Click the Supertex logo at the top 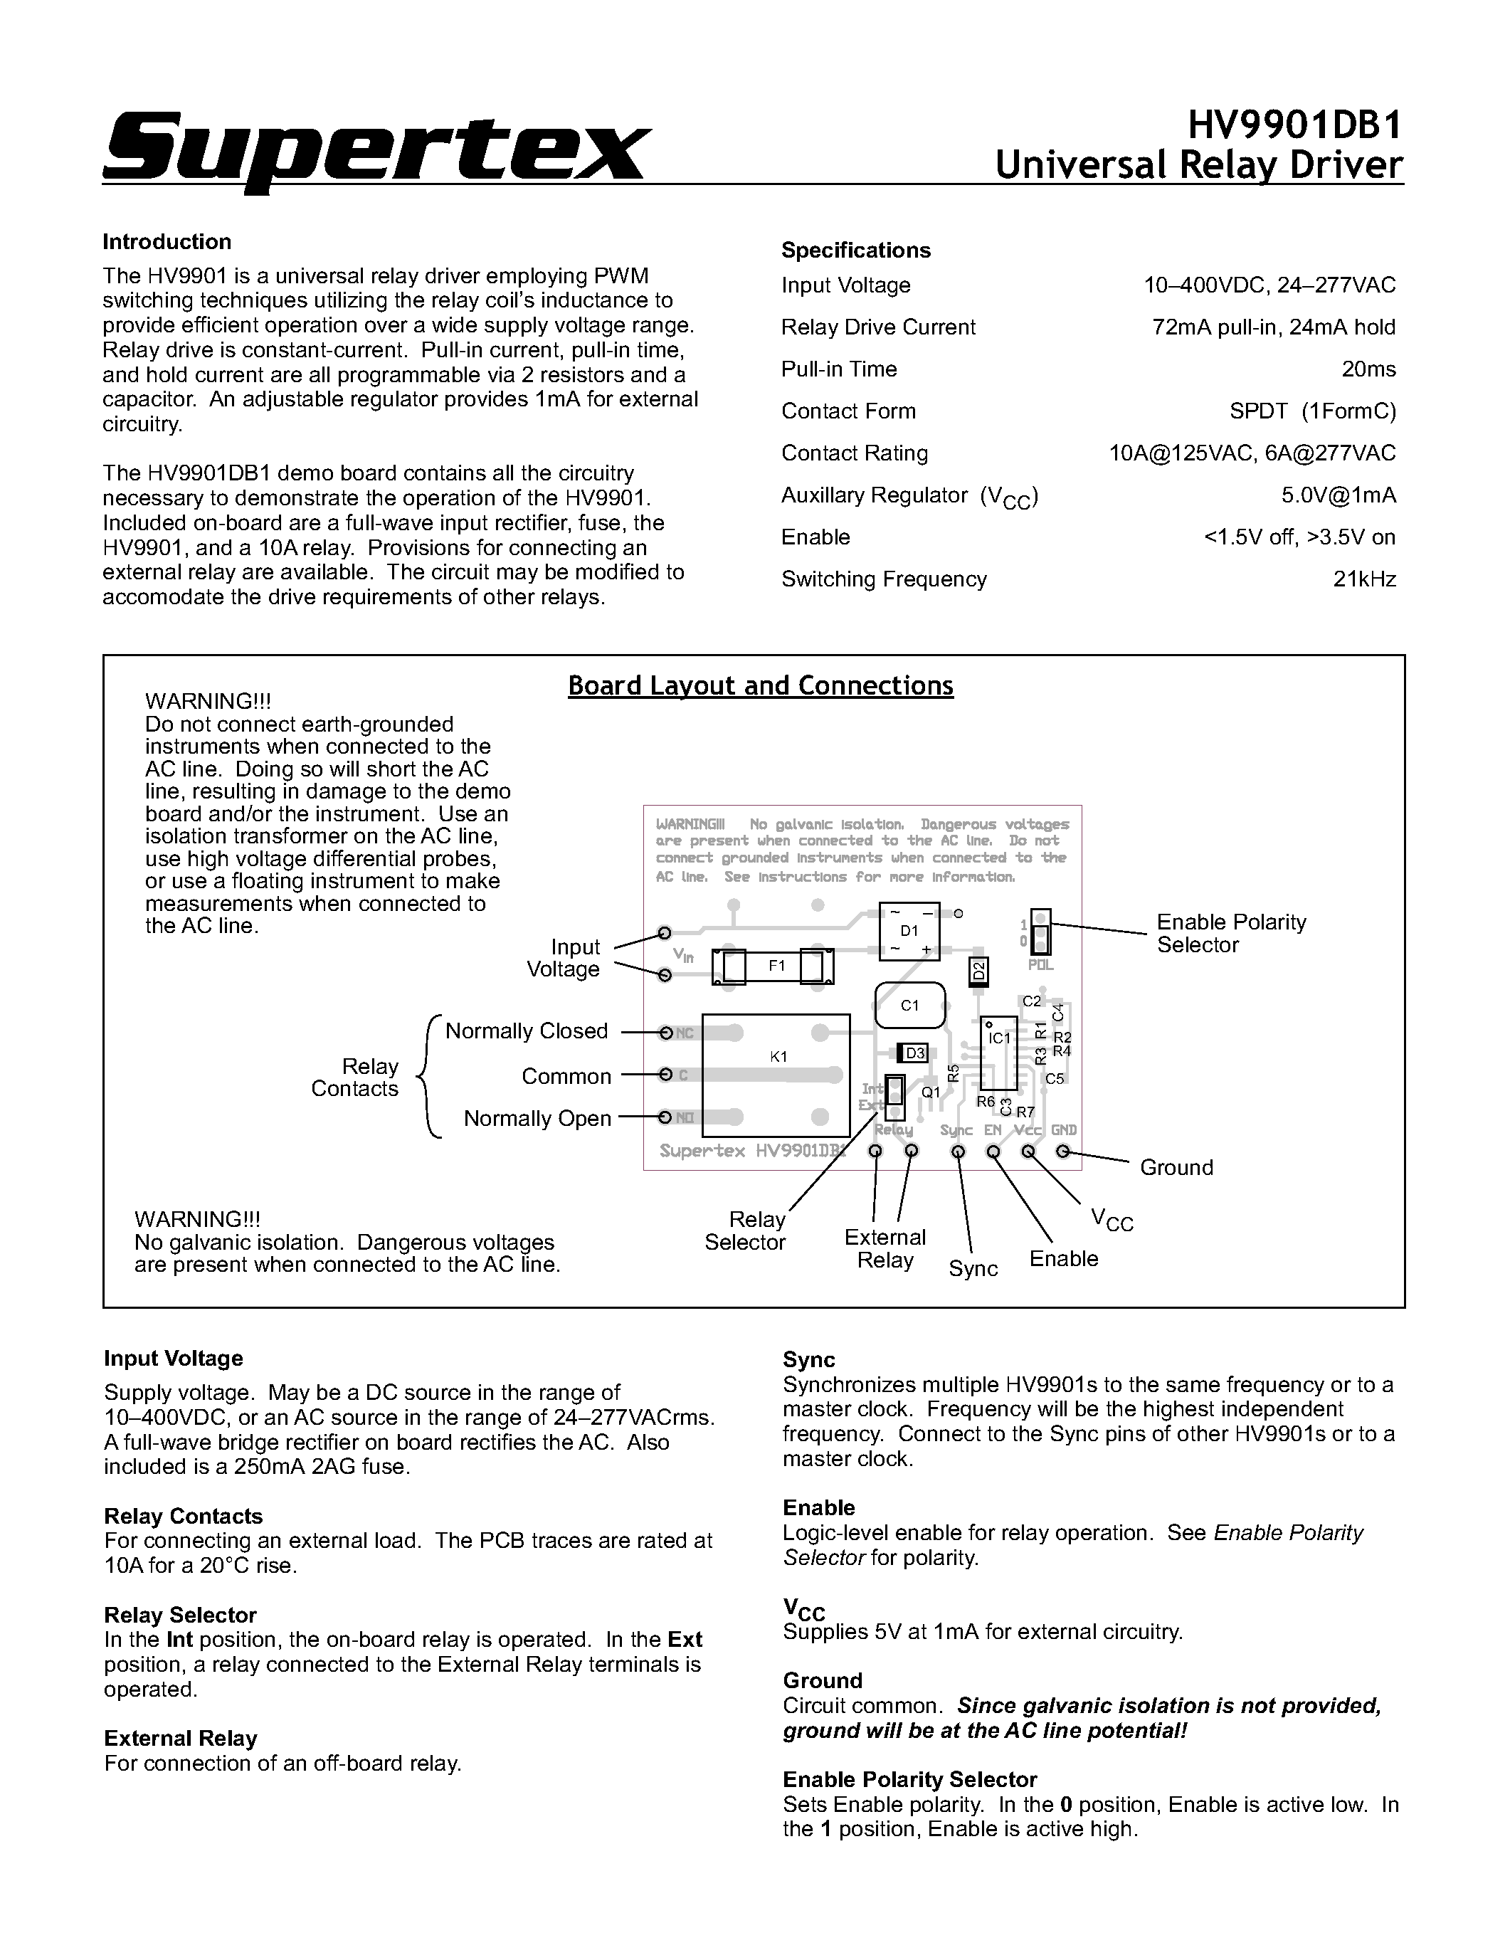[x=374, y=148]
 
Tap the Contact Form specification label [x=848, y=411]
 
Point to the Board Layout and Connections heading [x=760, y=685]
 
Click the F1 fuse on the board [x=775, y=966]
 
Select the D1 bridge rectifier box [x=909, y=931]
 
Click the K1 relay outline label [x=778, y=1056]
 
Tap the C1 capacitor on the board [x=909, y=1005]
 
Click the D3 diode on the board [x=914, y=1053]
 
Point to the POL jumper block [x=1040, y=933]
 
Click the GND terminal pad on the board [x=1062, y=1152]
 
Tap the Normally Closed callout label [x=527, y=1031]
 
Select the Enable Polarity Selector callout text [x=1231, y=934]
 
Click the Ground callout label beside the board [x=1176, y=1167]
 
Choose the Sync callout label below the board [x=973, y=1268]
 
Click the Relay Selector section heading [x=180, y=1615]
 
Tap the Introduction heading [x=167, y=242]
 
